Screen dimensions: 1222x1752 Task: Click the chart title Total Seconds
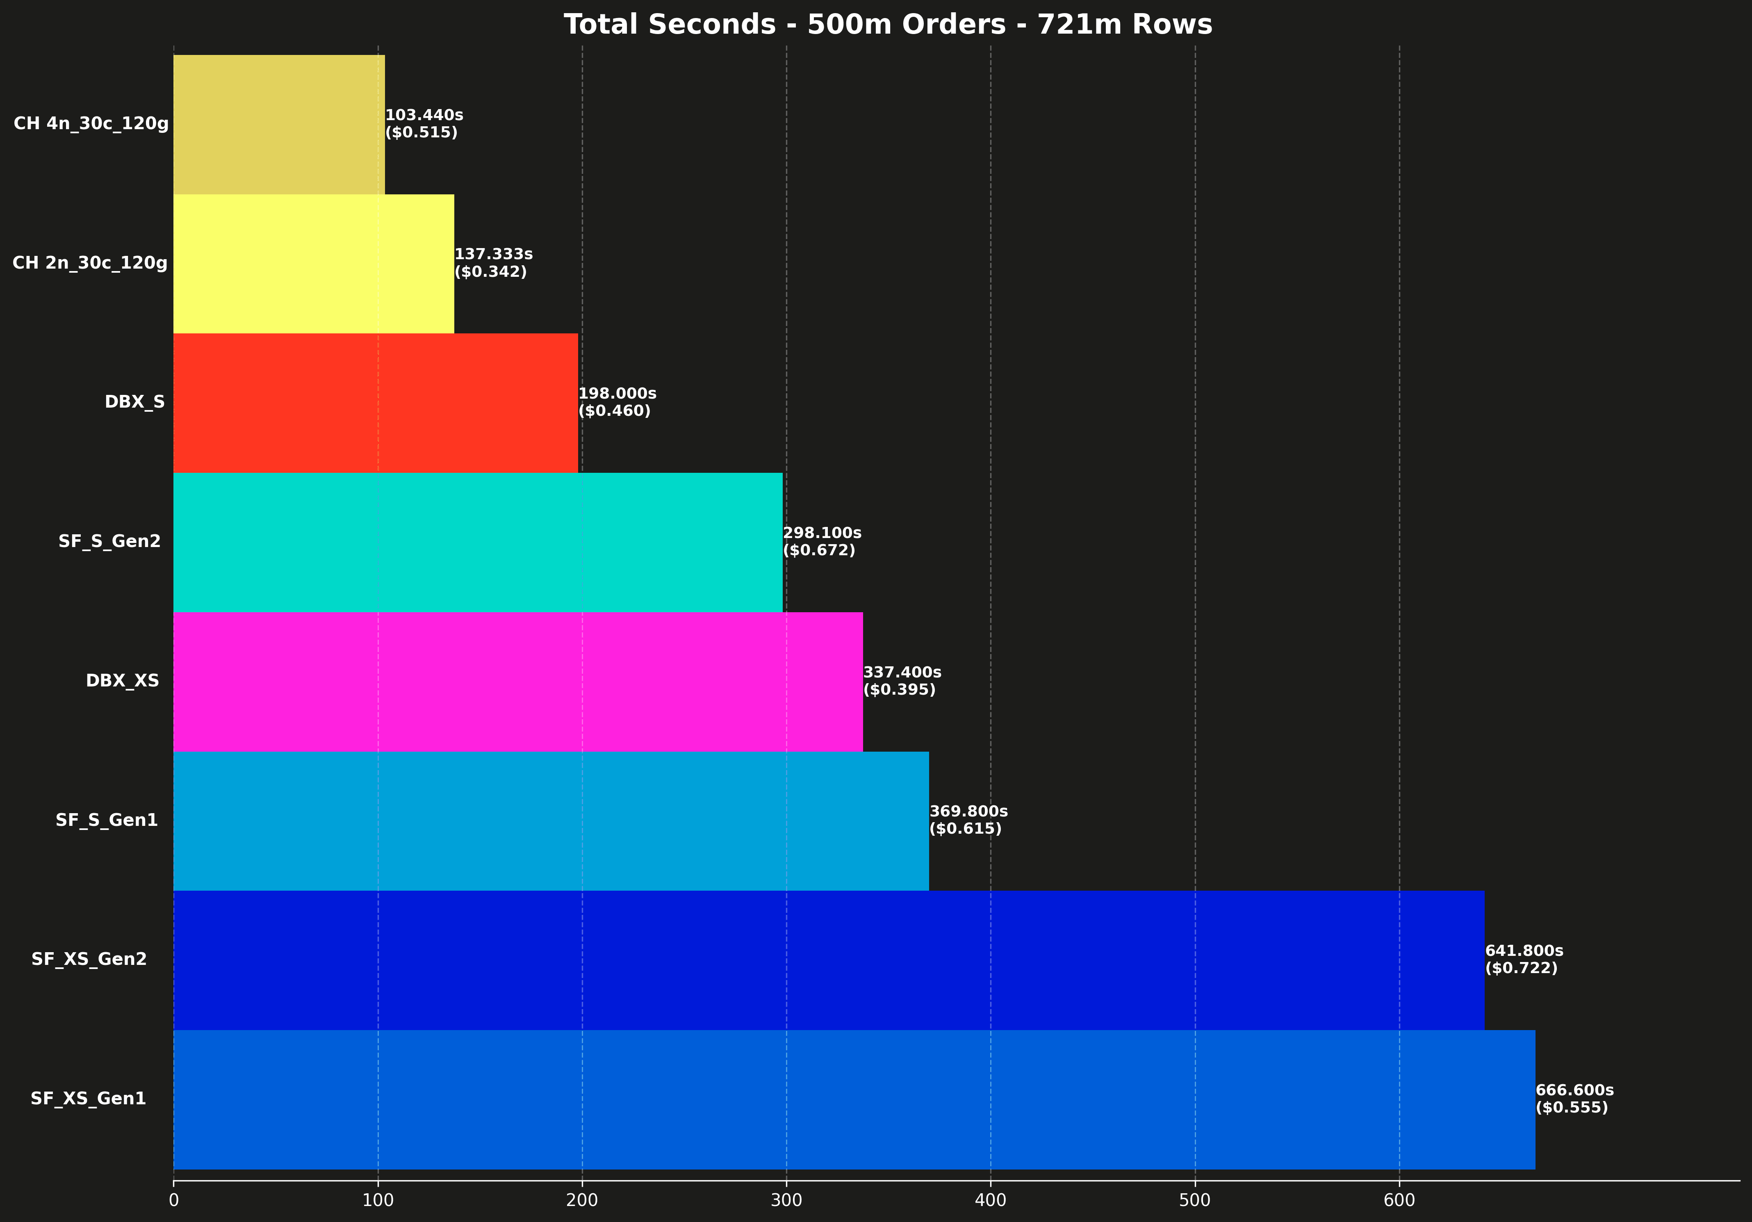click(x=887, y=25)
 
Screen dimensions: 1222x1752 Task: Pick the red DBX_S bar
click(x=376, y=402)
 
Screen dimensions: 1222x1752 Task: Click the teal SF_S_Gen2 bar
click(x=478, y=542)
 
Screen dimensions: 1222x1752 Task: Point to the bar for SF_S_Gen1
click(x=551, y=821)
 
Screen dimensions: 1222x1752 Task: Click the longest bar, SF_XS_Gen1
click(x=854, y=1099)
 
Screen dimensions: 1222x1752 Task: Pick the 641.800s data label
click(x=1524, y=951)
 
